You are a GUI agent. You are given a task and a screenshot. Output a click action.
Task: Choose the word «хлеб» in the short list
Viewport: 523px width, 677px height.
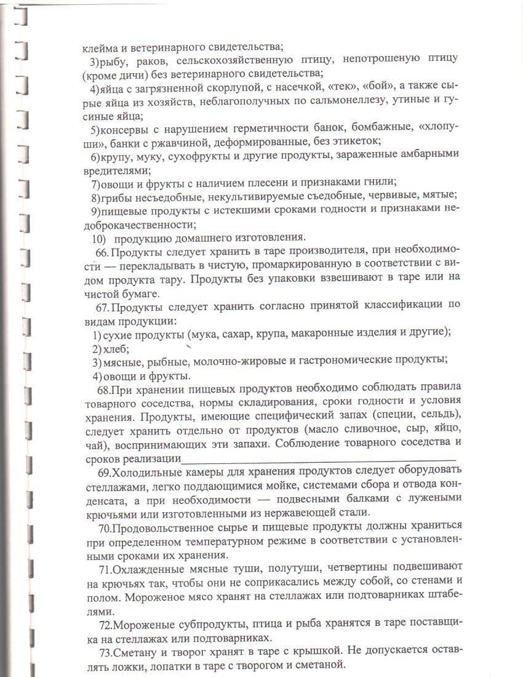pos(116,348)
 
